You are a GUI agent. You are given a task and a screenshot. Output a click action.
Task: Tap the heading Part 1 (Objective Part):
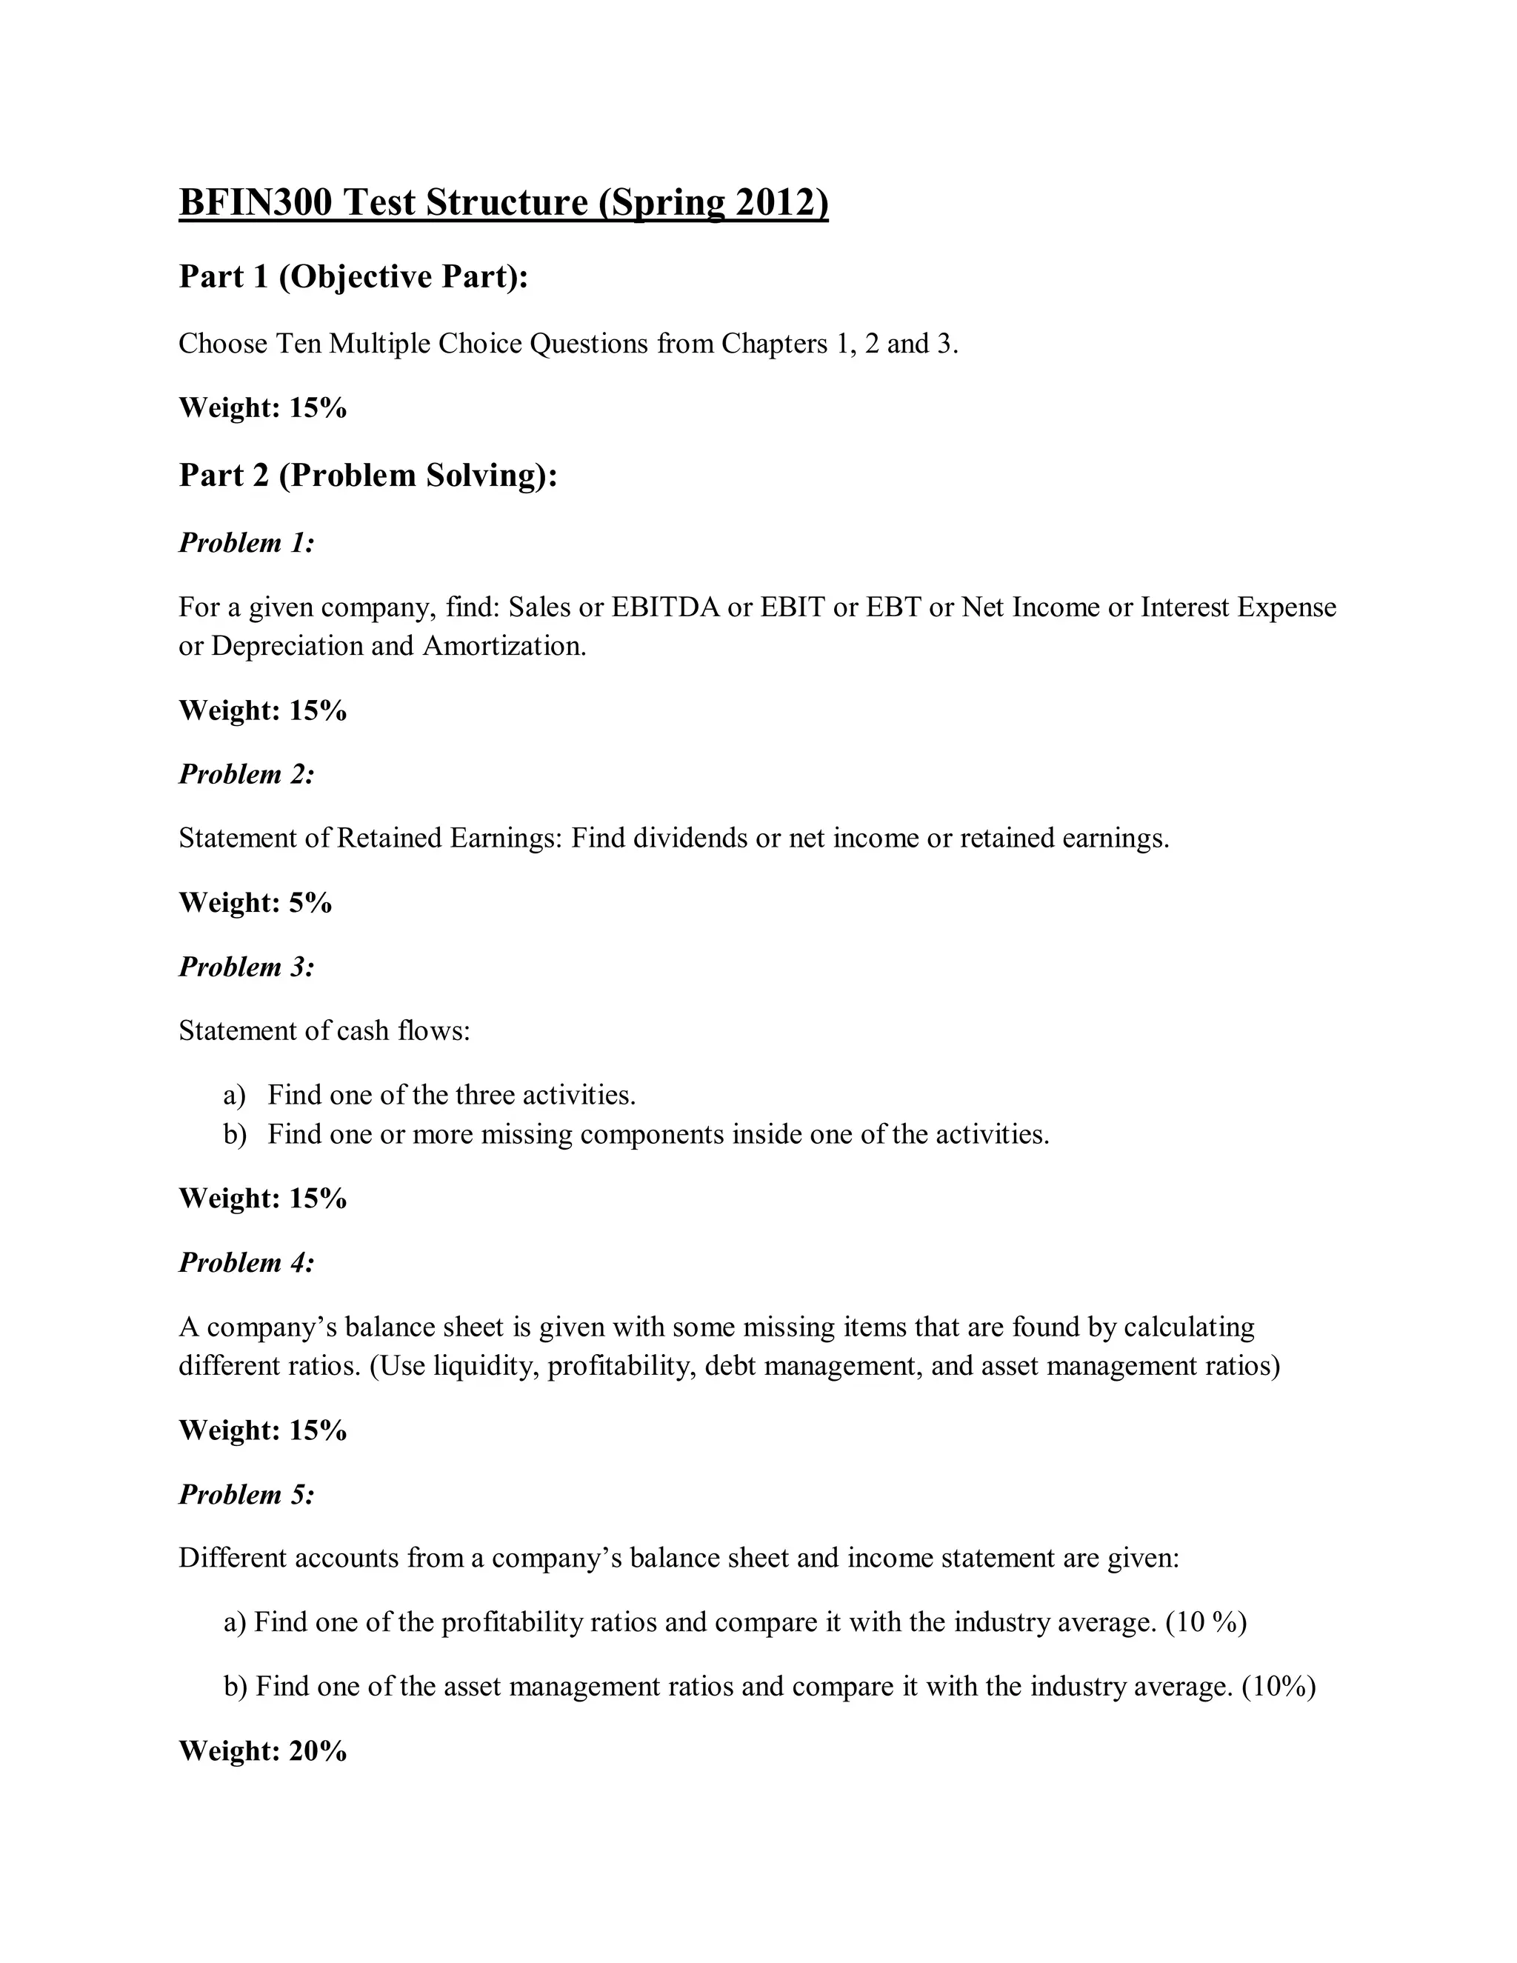353,277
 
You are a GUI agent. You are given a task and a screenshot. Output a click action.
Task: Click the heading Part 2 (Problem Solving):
368,476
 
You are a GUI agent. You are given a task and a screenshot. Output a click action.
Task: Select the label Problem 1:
246,543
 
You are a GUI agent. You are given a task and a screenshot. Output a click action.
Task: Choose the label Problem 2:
246,774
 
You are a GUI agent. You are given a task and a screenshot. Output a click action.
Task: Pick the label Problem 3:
246,967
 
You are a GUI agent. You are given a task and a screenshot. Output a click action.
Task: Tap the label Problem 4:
246,1263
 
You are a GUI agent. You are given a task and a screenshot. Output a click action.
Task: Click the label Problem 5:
246,1495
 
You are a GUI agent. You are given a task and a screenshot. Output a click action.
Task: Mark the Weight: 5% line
256,902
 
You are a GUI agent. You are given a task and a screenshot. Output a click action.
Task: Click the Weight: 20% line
262,1751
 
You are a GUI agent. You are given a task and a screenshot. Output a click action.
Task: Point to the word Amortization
503,646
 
